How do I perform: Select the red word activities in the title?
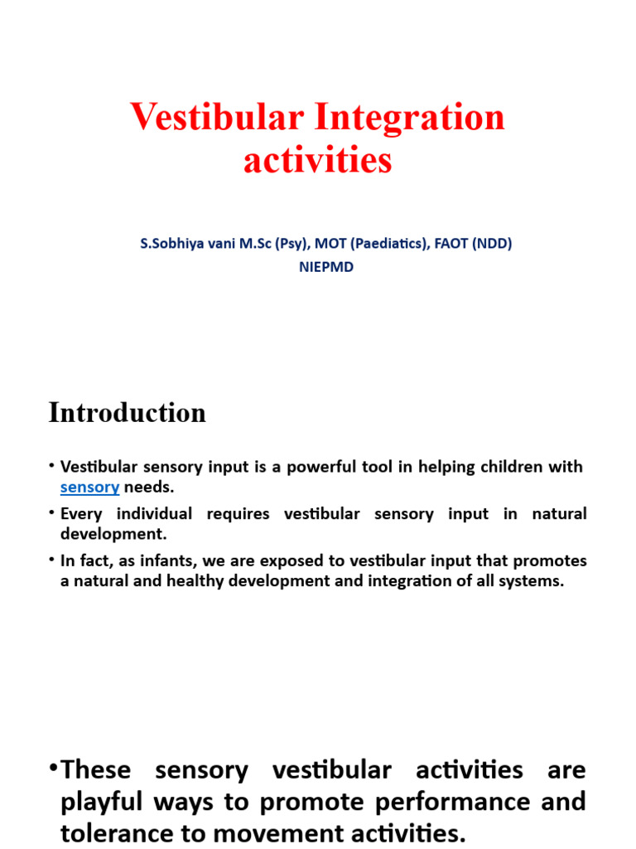[317, 158]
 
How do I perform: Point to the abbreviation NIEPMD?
[325, 268]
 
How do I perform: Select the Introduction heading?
[127, 413]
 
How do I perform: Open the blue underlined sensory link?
[90, 487]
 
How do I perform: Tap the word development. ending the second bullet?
[113, 534]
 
